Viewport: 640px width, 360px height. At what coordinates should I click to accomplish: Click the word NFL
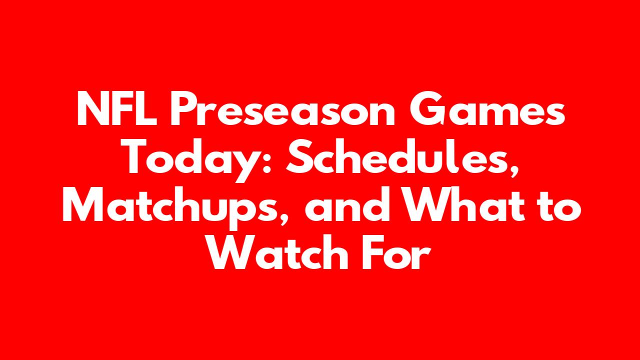pyautogui.click(x=117, y=108)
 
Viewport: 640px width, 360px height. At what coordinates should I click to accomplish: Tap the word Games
pyautogui.click(x=487, y=108)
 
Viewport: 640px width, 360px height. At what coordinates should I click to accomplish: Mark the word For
pyautogui.click(x=396, y=253)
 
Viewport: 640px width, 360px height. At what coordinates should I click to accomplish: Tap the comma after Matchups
pyautogui.click(x=283, y=218)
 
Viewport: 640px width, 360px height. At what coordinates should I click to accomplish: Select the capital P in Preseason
pyautogui.click(x=184, y=108)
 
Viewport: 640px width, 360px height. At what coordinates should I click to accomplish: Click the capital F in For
pyautogui.click(x=373, y=252)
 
